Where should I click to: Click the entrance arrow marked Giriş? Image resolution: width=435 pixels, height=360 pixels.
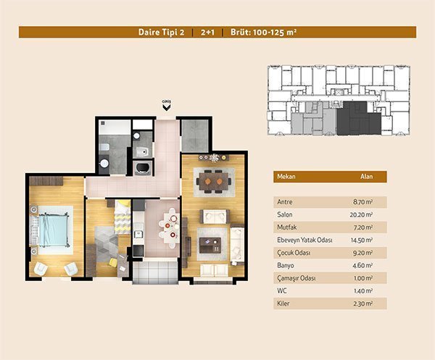click(x=167, y=107)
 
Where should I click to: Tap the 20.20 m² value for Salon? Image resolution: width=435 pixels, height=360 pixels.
click(x=361, y=214)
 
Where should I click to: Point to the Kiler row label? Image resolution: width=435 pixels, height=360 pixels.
click(x=283, y=304)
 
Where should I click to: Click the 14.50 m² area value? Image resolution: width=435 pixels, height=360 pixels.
click(x=362, y=240)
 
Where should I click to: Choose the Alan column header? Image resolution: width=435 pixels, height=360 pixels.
click(x=366, y=177)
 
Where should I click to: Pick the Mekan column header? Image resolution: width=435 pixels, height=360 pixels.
click(x=286, y=177)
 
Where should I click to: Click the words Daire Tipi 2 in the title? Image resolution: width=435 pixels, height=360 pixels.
click(x=161, y=32)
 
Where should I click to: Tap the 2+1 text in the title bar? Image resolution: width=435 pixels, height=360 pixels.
click(x=207, y=32)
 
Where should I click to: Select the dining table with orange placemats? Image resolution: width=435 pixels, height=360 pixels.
click(x=214, y=182)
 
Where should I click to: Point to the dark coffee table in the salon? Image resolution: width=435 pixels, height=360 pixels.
click(x=210, y=246)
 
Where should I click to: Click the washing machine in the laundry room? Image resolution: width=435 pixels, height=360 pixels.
click(x=143, y=168)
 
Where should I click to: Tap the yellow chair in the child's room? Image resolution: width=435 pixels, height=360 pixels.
click(x=113, y=262)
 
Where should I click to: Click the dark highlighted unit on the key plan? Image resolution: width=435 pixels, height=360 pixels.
click(x=359, y=118)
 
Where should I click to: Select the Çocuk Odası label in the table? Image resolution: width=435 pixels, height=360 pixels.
click(x=294, y=253)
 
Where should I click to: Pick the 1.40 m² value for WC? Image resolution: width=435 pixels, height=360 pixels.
click(x=363, y=290)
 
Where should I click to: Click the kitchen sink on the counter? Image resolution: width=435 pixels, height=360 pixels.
click(x=138, y=234)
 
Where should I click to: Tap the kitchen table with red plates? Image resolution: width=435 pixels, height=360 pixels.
click(x=170, y=227)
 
